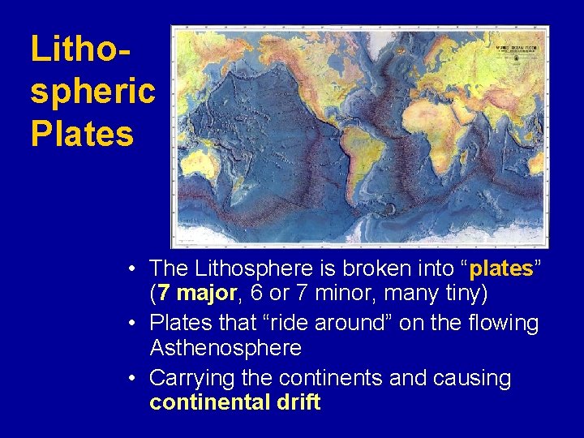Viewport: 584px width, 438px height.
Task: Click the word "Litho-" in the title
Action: point(81,49)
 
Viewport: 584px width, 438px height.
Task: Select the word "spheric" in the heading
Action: point(92,91)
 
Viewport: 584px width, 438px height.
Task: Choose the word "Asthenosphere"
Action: point(225,348)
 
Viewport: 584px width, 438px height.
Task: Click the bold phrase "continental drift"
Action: point(235,402)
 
